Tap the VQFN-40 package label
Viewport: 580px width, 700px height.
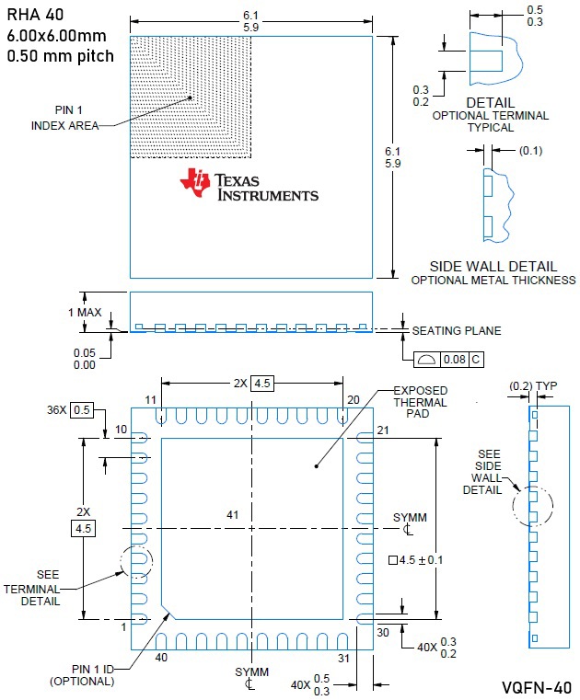(536, 687)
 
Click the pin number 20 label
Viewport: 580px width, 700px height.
(352, 399)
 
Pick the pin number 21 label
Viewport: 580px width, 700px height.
(384, 431)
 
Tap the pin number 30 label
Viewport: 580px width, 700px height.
(384, 632)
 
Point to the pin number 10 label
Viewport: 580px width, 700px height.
(121, 430)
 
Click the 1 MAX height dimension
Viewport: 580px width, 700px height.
(85, 312)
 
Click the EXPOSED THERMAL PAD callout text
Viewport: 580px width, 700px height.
(420, 402)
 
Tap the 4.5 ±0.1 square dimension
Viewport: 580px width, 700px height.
(423, 558)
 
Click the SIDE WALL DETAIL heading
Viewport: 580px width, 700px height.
(490, 265)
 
